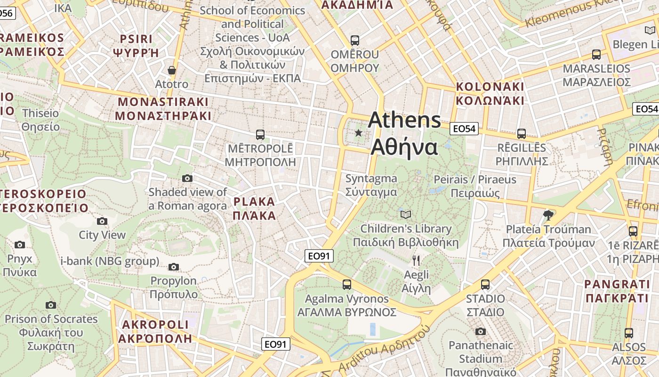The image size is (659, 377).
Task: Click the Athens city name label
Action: click(x=404, y=133)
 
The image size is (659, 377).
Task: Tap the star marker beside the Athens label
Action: click(x=359, y=133)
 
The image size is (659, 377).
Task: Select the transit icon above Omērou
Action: click(x=355, y=41)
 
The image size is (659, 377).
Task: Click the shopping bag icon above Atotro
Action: click(x=172, y=70)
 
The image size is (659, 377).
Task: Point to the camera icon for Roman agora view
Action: click(x=187, y=178)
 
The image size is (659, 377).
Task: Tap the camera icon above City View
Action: click(x=102, y=221)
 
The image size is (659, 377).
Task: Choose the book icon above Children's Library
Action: click(x=405, y=215)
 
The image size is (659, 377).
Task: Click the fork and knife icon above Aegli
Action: click(x=416, y=260)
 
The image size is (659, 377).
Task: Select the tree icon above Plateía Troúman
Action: click(x=548, y=215)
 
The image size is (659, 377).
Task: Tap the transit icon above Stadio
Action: click(x=485, y=285)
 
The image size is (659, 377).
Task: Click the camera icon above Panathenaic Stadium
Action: click(x=481, y=331)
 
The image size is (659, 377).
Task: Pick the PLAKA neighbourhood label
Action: click(x=254, y=209)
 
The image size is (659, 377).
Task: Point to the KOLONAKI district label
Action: click(x=490, y=93)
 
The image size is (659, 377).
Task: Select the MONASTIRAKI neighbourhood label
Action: click(x=163, y=108)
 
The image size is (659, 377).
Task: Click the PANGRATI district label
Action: click(x=617, y=291)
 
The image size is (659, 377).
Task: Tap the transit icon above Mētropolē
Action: click(x=260, y=135)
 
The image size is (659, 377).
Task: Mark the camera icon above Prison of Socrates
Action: click(x=51, y=305)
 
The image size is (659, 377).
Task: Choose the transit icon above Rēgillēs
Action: click(x=522, y=134)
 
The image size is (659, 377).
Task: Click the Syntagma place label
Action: click(x=371, y=185)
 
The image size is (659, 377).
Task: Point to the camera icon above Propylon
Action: click(x=174, y=267)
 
